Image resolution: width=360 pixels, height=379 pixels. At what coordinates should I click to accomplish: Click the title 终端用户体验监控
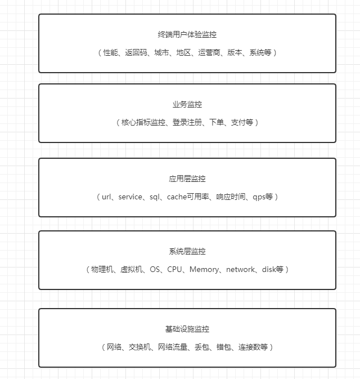[x=187, y=34]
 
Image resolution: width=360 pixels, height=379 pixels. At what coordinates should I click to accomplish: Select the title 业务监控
[x=187, y=104]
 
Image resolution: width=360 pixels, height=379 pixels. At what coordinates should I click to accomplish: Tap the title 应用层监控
[x=187, y=179]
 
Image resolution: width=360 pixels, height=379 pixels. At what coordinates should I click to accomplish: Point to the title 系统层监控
[x=187, y=251]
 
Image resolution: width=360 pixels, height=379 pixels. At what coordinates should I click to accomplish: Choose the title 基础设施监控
[x=187, y=329]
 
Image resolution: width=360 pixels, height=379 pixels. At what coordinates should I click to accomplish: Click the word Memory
[x=204, y=269]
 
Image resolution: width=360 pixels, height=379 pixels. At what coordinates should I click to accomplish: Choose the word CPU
[x=175, y=269]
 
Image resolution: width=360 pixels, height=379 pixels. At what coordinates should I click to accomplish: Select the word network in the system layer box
[x=240, y=269]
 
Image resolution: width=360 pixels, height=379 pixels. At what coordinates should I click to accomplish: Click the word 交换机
[x=140, y=347]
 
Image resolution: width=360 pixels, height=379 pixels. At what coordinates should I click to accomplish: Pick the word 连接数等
[x=253, y=347]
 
